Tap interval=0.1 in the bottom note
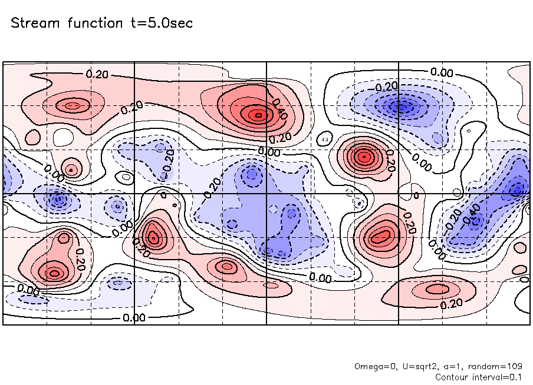click(x=496, y=376)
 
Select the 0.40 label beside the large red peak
click(x=280, y=110)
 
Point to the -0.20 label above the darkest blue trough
click(x=387, y=87)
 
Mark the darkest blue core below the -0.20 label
click(x=403, y=107)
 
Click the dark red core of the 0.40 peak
click(x=257, y=115)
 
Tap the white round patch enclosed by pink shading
click(x=61, y=137)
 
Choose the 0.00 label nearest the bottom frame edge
click(x=135, y=317)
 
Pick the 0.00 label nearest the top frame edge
click(x=441, y=72)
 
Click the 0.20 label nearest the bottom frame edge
click(x=451, y=304)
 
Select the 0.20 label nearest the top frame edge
click(x=97, y=74)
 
